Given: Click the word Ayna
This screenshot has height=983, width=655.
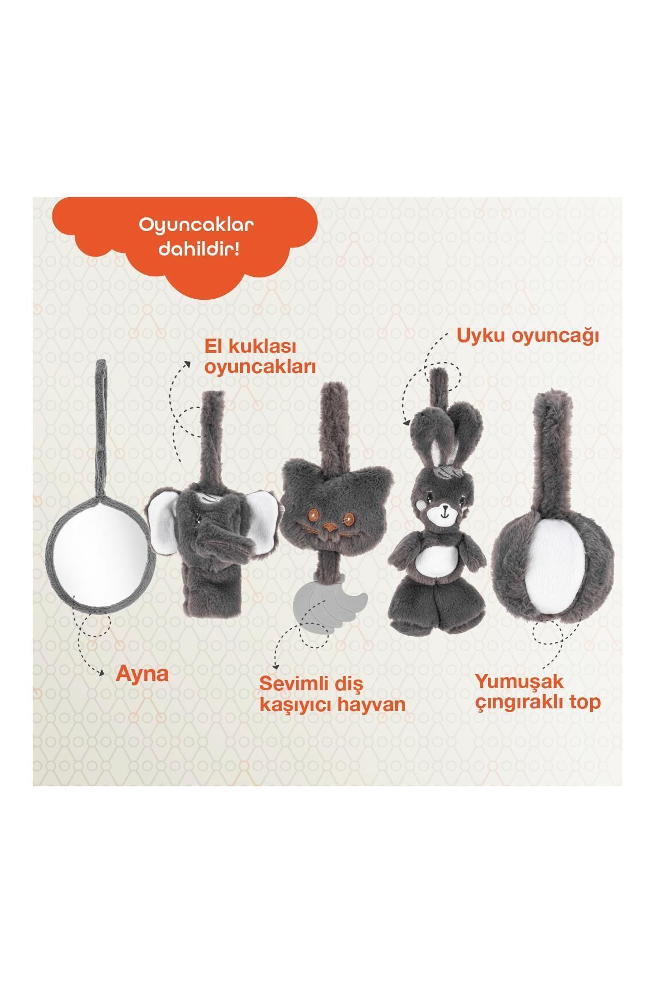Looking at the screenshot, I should (142, 674).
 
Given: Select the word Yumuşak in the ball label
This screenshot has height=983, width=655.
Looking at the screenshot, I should (519, 682).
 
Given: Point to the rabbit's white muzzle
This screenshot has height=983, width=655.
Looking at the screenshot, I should (444, 513).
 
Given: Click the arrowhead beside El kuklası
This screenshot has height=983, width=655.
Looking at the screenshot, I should (188, 364).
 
